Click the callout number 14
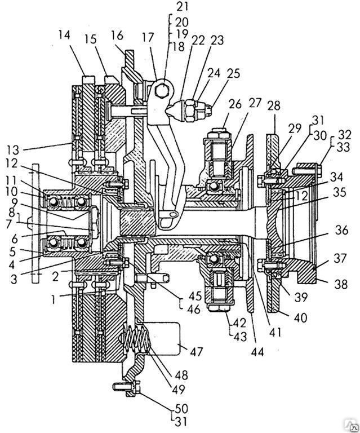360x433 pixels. coord(64,36)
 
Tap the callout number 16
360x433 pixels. coord(117,36)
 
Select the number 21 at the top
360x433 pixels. coord(182,6)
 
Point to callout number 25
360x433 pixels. coord(234,74)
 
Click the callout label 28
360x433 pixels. coord(274,106)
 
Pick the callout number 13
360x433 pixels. coord(14,150)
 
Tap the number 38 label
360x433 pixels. coord(341,284)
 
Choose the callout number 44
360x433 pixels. coord(257,352)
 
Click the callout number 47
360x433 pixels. coord(196,352)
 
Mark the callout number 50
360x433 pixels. coord(181,408)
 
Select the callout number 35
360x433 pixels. coord(339,192)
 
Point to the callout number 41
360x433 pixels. coord(276,332)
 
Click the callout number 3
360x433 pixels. coord(14,279)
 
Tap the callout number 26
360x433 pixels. coord(235,104)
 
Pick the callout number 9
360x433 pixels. coord(14,202)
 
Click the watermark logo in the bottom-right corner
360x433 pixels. coord(354,427)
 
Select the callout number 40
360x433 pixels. coord(301,317)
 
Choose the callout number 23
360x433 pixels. coord(217,41)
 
